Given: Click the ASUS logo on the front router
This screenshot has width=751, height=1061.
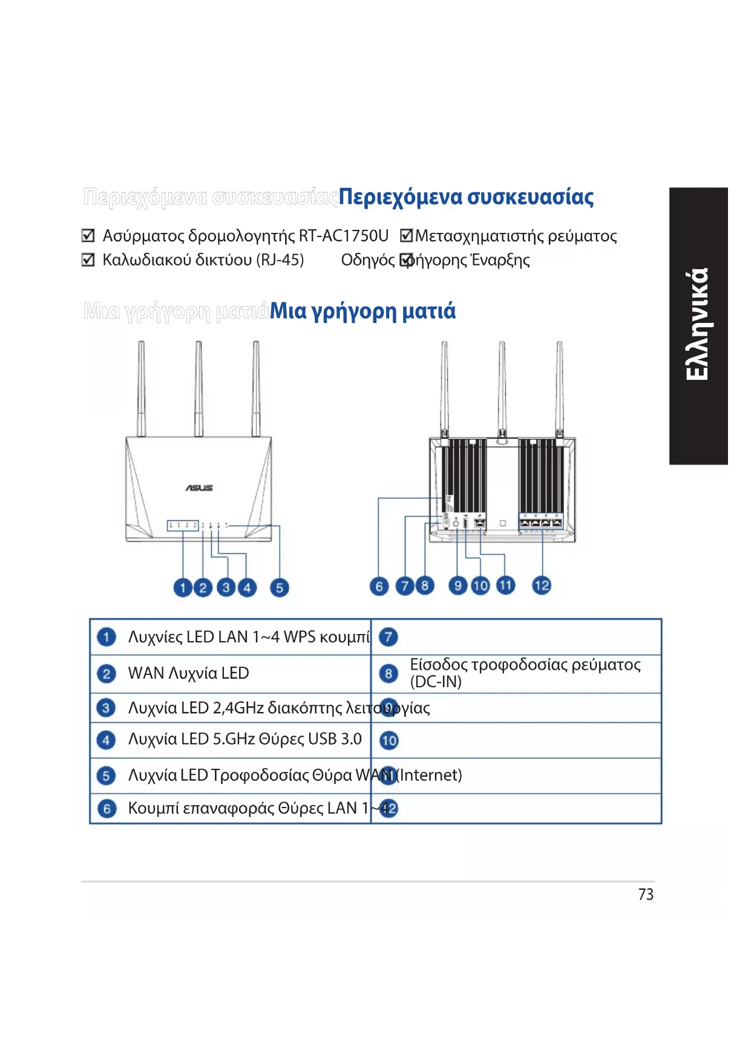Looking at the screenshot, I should click(x=199, y=488).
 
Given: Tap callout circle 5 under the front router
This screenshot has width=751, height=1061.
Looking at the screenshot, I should click(x=279, y=587).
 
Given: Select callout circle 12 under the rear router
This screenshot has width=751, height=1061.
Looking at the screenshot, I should click(x=542, y=585).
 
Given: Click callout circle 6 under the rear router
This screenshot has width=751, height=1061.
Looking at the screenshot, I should click(x=379, y=586).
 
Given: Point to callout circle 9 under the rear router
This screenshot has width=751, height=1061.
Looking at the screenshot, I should click(x=458, y=585).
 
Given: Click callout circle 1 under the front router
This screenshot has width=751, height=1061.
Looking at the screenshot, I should click(x=182, y=587).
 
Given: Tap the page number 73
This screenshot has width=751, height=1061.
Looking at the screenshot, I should click(x=646, y=894).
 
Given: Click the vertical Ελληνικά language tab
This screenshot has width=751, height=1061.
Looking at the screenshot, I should click(x=698, y=325).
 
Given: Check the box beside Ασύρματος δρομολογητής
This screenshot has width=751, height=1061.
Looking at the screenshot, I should click(x=88, y=235).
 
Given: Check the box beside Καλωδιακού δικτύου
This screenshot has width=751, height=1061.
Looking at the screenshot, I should click(x=88, y=260).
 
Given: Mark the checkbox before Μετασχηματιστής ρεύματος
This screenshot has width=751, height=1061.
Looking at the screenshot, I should click(x=407, y=235).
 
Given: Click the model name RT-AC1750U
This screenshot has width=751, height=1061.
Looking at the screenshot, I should click(x=344, y=235).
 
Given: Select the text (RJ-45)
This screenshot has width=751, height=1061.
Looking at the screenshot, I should click(x=280, y=260).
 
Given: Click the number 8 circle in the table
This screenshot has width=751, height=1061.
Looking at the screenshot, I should click(x=389, y=673).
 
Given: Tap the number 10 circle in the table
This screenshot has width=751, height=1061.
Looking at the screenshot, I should click(x=389, y=740).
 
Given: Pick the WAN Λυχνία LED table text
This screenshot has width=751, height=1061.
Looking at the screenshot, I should click(x=188, y=673).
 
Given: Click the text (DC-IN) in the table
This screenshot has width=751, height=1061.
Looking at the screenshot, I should click(x=436, y=682).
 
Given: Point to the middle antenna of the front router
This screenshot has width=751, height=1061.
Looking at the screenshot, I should click(x=198, y=387).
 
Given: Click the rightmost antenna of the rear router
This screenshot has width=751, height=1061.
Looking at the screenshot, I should click(x=560, y=387).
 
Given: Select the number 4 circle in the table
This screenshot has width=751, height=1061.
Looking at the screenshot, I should click(x=107, y=740).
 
